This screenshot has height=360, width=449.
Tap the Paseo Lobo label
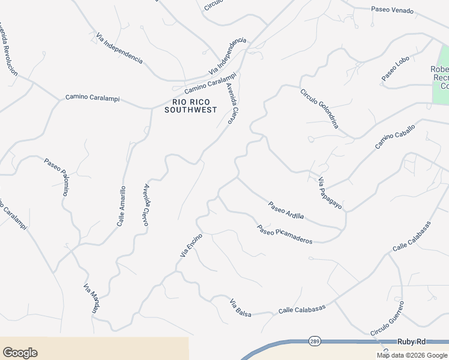[x=395, y=68]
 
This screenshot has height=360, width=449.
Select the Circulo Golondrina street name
[x=320, y=109]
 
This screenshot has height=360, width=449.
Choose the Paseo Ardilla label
[x=286, y=210]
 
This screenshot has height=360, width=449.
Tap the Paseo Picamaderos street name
[x=285, y=234]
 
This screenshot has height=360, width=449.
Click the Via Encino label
[x=191, y=245]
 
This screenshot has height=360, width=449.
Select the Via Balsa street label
[x=240, y=308]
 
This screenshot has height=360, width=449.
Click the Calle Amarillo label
[x=121, y=206]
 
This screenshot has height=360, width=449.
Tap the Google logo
[x=20, y=353]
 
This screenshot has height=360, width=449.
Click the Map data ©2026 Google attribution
[x=411, y=355]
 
